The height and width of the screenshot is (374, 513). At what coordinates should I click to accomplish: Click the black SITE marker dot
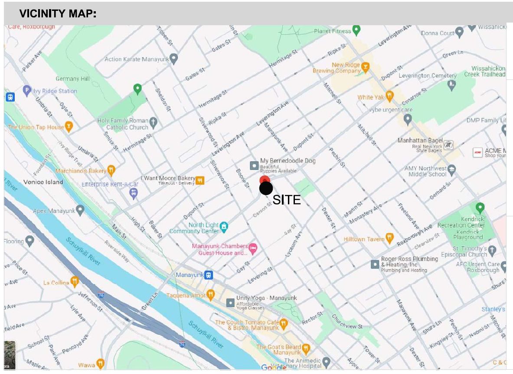tap(266, 188)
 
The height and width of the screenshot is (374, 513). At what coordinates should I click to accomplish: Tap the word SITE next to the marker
tap(286, 200)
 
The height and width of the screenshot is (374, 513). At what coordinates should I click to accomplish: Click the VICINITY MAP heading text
tap(58, 14)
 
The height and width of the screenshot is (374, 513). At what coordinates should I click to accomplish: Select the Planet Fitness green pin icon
tap(356, 30)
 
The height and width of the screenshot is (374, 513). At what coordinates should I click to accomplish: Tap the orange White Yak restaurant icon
tap(389, 96)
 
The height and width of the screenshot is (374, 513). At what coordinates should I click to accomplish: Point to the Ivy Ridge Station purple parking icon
tap(27, 91)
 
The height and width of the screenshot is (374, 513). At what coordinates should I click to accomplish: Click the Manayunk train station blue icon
tap(209, 275)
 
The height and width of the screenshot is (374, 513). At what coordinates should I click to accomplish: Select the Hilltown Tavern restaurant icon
tap(389, 238)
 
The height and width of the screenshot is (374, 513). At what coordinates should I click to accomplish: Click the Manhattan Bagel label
tap(420, 141)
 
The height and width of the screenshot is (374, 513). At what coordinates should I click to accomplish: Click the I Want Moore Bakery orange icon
tap(199, 180)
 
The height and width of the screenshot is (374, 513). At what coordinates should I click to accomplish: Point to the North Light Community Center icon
tap(224, 226)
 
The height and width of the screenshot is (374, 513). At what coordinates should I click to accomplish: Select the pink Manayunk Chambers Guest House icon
tap(254, 248)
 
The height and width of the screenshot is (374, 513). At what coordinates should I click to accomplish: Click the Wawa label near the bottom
tap(87, 365)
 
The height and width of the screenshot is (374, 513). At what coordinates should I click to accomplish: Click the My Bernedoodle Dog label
tap(288, 161)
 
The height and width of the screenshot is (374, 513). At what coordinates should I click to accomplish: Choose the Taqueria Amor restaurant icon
tap(211, 295)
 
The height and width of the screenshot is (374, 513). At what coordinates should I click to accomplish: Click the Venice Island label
tap(43, 182)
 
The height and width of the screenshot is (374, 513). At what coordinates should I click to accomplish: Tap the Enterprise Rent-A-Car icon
tap(134, 193)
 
